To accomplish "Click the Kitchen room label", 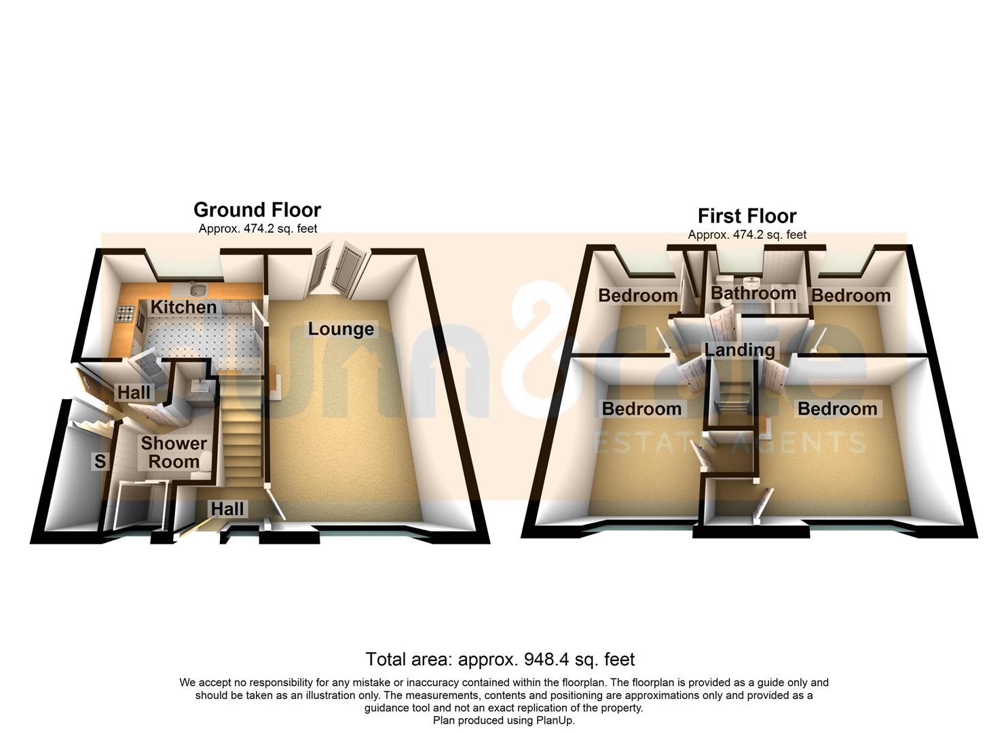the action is (183, 307).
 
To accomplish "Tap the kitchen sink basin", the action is (199, 290).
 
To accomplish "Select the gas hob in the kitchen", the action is (126, 314).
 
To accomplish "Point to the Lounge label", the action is (341, 329).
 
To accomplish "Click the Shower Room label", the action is (174, 453).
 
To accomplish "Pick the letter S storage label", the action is (100, 462).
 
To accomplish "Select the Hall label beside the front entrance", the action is (227, 508).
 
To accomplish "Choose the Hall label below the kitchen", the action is (134, 392).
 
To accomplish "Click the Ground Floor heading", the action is (257, 210).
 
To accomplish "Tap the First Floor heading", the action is (747, 216).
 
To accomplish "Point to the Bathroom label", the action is (753, 294).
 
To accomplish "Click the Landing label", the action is (739, 350).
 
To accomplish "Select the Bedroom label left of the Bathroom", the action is (637, 296).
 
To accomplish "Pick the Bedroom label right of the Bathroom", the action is (851, 296).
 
